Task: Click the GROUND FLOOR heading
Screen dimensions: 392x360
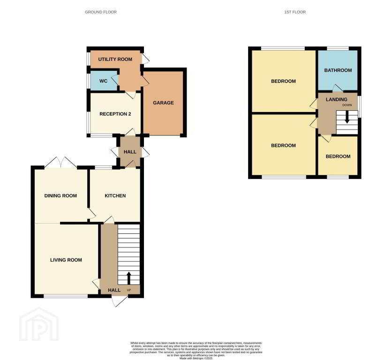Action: (100, 12)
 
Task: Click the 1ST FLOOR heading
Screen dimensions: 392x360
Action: (295, 12)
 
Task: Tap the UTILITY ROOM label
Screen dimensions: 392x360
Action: (115, 59)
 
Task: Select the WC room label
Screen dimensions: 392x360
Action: (103, 81)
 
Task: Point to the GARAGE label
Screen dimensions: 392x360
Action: (163, 103)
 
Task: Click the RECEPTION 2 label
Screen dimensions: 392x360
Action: (115, 114)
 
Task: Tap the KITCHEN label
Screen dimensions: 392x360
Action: (115, 195)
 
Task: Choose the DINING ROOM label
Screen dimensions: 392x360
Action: (60, 195)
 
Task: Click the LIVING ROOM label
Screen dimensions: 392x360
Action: (66, 260)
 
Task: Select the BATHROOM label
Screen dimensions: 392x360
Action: (338, 70)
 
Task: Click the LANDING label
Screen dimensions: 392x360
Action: (337, 99)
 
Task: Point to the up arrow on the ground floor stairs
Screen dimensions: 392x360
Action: (129, 278)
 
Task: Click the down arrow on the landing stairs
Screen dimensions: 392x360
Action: (347, 117)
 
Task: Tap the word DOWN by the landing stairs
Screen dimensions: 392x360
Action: (347, 105)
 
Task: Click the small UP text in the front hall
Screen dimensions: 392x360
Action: (129, 290)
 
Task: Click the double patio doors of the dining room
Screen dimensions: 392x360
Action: (61, 162)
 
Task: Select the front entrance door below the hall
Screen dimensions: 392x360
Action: (120, 301)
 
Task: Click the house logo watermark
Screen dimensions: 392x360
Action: (39, 324)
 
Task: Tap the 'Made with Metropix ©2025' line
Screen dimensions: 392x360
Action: (196, 358)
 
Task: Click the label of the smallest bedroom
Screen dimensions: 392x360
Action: (338, 157)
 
